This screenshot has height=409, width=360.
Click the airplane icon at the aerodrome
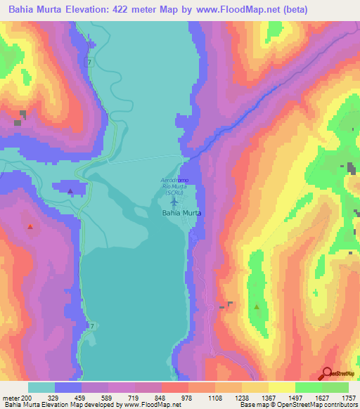(174, 202)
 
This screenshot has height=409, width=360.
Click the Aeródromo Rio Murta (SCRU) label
(174, 187)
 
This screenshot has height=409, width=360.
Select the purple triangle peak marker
(70, 190)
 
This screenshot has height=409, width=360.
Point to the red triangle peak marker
(30, 226)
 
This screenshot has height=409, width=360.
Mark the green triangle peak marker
(257, 306)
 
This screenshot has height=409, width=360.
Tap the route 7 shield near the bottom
(91, 327)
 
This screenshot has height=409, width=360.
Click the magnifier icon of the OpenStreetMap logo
(326, 373)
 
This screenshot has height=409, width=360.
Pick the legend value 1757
(347, 397)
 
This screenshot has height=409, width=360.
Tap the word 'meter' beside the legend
(12, 397)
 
